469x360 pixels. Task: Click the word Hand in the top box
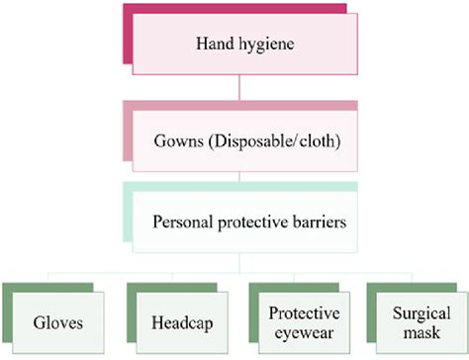(x=206, y=45)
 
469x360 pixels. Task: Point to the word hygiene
(x=259, y=45)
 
